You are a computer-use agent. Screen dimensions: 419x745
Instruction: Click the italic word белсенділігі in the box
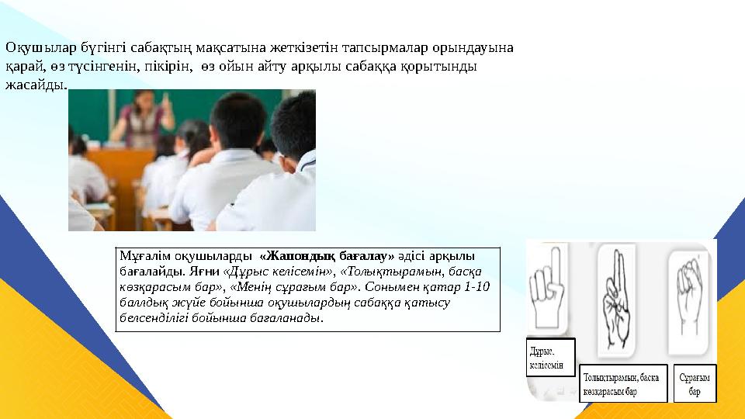click(x=154, y=317)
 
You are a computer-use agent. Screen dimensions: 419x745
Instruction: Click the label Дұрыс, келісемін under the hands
click(x=551, y=358)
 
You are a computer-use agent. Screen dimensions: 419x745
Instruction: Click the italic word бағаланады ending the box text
click(x=288, y=317)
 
